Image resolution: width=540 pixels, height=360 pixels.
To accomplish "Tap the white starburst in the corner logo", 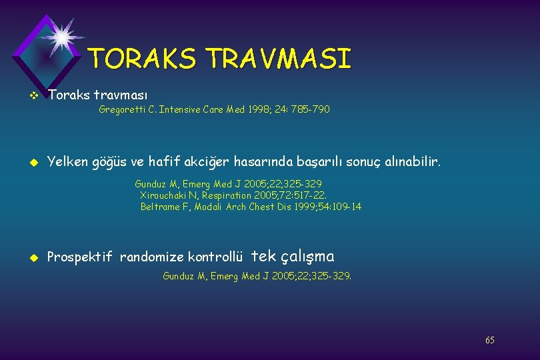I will pyautogui.click(x=61, y=36).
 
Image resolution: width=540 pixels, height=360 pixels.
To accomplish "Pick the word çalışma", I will pyautogui.click(x=308, y=256).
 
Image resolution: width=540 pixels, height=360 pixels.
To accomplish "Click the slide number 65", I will pyautogui.click(x=490, y=340).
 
